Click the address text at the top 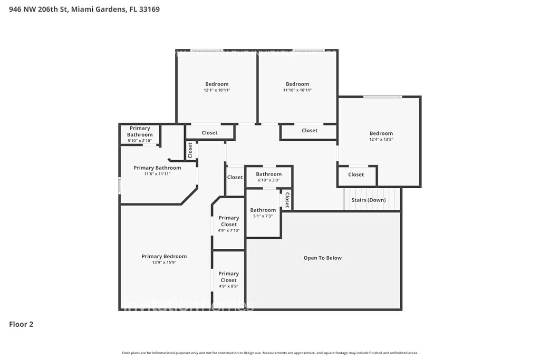(84, 9)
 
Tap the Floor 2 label (21, 324)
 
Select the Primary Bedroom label (164, 257)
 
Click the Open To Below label (322, 258)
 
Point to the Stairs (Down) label (369, 200)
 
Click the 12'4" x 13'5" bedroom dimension (381, 140)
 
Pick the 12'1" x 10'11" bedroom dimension (217, 90)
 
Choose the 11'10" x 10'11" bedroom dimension (297, 90)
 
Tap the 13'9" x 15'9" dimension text (164, 262)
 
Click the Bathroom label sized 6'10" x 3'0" (269, 174)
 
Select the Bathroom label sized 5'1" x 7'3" (263, 210)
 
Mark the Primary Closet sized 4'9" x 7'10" (229, 221)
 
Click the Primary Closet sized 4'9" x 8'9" (229, 277)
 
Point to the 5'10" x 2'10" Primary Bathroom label (140, 131)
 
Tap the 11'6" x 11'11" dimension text (157, 174)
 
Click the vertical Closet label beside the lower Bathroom (287, 200)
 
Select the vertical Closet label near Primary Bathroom (190, 150)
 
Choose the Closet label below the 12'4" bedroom (356, 174)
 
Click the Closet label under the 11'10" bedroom (310, 131)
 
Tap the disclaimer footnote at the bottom (269, 353)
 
